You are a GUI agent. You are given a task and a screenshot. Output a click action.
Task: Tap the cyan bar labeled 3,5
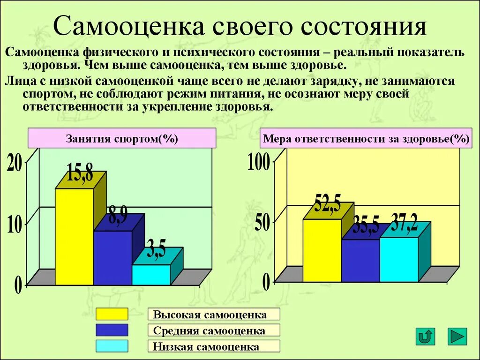pyautogui.click(x=150, y=275)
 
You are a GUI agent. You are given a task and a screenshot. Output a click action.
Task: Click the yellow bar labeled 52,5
pyautogui.click(x=322, y=250)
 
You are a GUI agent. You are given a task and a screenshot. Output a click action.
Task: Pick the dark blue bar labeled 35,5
pyautogui.click(x=360, y=260)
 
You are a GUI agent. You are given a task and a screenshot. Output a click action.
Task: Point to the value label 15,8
pyautogui.click(x=80, y=174)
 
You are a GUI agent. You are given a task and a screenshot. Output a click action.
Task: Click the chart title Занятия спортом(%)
pyautogui.click(x=122, y=139)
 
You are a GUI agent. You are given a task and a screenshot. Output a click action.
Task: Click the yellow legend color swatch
pyautogui.click(x=112, y=314)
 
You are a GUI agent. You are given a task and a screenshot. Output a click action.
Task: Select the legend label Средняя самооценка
pyautogui.click(x=209, y=331)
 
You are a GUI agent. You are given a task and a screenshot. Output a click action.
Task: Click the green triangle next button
pyautogui.click(x=457, y=336)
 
